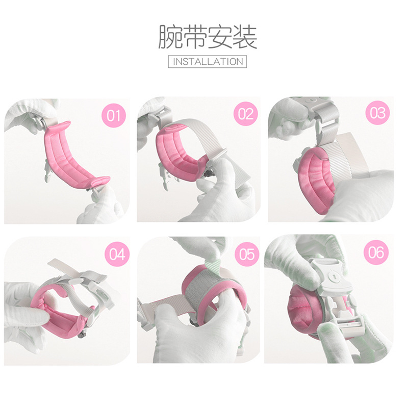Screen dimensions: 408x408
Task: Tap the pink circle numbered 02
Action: (x=245, y=114)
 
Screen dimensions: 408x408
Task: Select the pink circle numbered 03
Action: (x=377, y=113)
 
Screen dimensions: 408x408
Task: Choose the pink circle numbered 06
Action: (x=377, y=252)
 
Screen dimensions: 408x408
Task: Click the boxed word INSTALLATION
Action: (x=207, y=62)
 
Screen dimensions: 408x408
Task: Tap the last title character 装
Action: (x=245, y=38)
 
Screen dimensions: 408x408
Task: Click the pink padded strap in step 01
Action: (x=71, y=158)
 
